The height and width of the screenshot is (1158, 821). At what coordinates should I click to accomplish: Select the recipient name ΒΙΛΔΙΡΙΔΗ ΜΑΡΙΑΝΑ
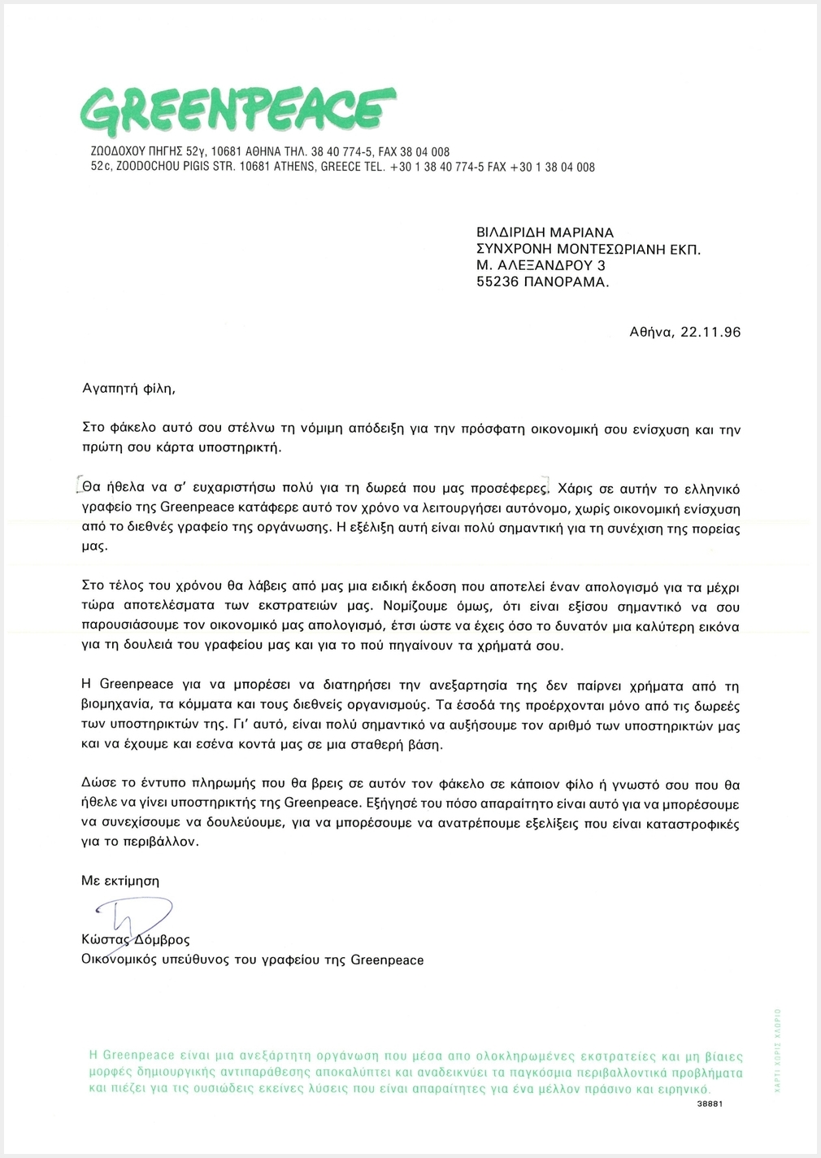coord(545,233)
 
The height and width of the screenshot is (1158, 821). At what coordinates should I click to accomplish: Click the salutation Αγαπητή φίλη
coord(128,388)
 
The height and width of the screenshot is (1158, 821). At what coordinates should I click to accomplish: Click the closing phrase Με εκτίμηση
coord(120,881)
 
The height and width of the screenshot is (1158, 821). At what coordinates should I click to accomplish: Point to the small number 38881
coord(710,1104)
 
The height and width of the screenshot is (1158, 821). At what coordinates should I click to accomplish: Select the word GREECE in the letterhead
coord(342,167)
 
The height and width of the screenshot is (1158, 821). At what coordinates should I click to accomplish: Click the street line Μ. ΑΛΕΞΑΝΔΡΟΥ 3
coord(541,265)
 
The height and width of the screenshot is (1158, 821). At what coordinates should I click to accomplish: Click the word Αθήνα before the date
coord(650,332)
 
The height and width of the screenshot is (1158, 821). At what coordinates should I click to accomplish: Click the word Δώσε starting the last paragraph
coord(99,785)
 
